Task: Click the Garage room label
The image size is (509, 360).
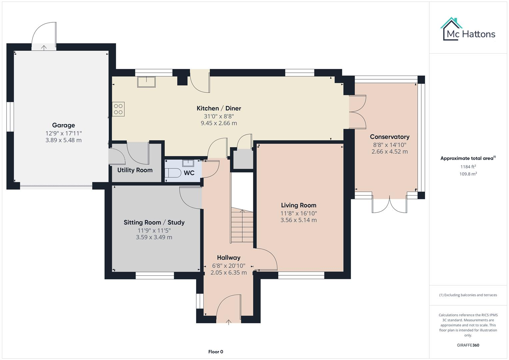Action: pos(63,125)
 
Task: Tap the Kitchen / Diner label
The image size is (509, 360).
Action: pos(219,108)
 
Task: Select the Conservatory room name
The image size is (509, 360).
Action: pos(389,137)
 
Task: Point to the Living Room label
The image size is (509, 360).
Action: pos(298,205)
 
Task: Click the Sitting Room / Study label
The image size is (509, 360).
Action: pos(154,222)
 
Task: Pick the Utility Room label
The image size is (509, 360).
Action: pos(135,170)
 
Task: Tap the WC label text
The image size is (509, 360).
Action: pos(189,173)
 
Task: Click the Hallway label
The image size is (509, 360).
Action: pos(228,258)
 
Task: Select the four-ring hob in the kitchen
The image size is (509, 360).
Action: pos(118,109)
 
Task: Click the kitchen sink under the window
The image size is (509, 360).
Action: pos(146,82)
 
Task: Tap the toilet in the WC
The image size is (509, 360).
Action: pos(173,173)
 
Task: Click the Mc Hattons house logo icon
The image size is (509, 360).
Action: pos(451,29)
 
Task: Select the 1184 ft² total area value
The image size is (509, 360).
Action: pos(468,167)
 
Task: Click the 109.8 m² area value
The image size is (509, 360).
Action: pos(468,174)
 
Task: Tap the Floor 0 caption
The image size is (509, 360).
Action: pos(216,352)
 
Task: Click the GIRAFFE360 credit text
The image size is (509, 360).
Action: pos(468,345)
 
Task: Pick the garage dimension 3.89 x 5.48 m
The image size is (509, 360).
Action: pos(63,140)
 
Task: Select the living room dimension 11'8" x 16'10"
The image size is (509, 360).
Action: pos(298,213)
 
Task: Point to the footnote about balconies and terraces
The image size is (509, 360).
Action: pos(468,295)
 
